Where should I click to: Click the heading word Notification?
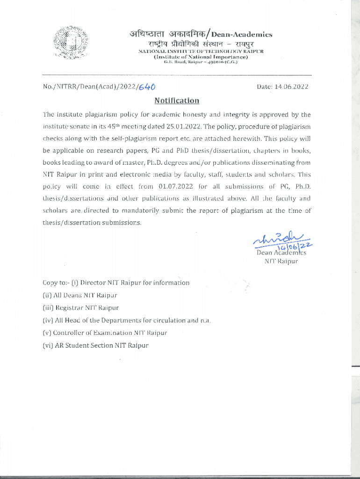click(x=177, y=101)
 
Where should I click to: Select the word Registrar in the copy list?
click(x=70, y=308)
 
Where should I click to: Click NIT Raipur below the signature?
click(x=281, y=261)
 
